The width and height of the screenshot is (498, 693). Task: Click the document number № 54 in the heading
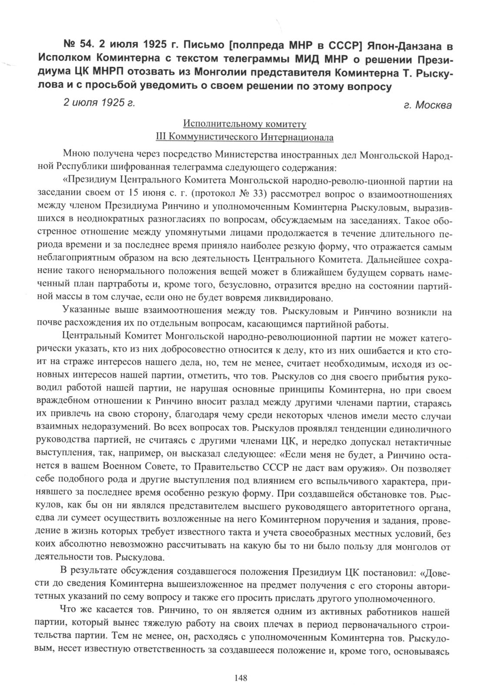pos(78,45)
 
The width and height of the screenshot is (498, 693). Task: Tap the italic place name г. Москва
pos(428,106)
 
